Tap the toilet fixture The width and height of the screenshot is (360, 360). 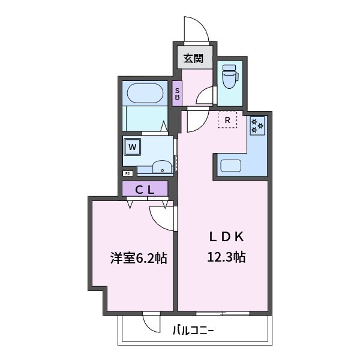229,76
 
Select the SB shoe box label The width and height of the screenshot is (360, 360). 177,94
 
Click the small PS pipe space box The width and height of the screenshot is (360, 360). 127,173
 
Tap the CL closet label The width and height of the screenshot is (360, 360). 145,190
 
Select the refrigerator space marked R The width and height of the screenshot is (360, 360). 227,121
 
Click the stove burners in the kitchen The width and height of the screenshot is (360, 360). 257,125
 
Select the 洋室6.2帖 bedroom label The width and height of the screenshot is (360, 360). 138,259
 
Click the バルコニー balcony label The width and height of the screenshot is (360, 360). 193,329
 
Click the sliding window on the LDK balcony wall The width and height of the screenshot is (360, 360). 222,313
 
